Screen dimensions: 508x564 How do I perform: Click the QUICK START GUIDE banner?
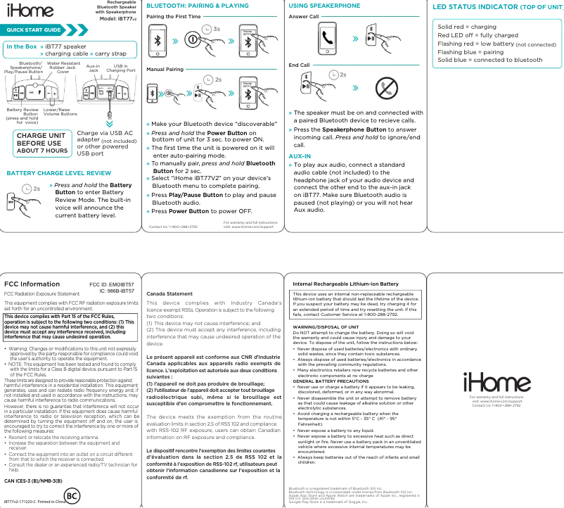pyautogui.click(x=32, y=31)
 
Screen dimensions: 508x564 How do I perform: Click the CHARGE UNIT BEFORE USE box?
pyautogui.click(x=42, y=143)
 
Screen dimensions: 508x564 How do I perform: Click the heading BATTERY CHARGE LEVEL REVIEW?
pyautogui.click(x=58, y=172)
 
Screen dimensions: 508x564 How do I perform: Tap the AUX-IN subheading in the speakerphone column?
pyautogui.click(x=300, y=155)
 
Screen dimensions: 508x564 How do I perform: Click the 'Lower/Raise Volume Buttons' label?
pyautogui.click(x=60, y=111)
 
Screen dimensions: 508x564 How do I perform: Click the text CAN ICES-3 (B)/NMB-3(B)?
pyautogui.click(x=34, y=481)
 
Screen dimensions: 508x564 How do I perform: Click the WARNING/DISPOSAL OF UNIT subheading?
pyautogui.click(x=328, y=327)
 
